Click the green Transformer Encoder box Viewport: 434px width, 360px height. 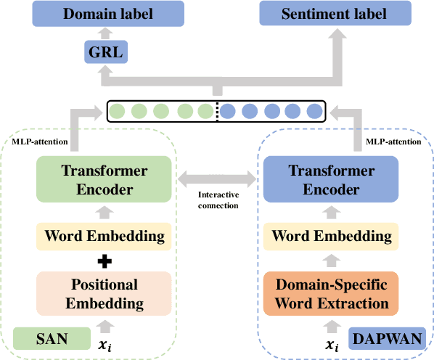tap(104, 180)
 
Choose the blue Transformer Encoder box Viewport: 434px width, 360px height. tap(331, 180)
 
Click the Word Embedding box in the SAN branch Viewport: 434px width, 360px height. tap(104, 235)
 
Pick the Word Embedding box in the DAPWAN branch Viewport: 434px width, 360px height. tap(331, 235)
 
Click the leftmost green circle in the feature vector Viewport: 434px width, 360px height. tap(117, 112)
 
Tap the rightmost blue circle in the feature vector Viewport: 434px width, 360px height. tap(314, 112)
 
